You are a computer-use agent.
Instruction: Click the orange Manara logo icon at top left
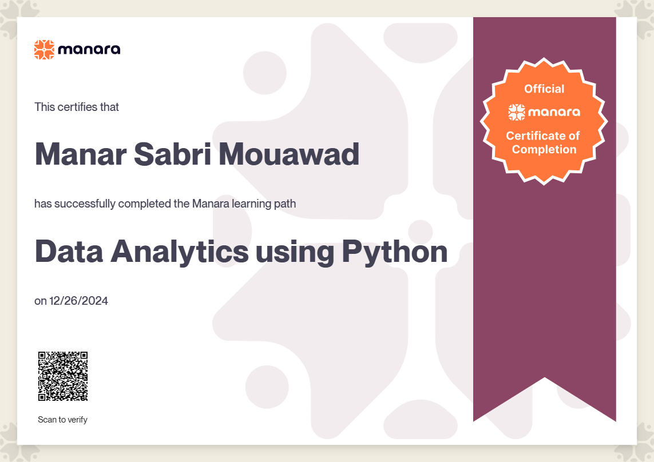pyautogui.click(x=44, y=50)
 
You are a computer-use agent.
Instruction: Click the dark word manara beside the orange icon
pyautogui.click(x=89, y=50)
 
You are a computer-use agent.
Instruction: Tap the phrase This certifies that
pyautogui.click(x=77, y=107)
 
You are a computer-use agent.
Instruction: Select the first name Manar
pyautogui.click(x=81, y=154)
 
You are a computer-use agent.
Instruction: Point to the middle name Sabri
pyautogui.click(x=172, y=154)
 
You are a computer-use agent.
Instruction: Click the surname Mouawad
pyautogui.click(x=289, y=154)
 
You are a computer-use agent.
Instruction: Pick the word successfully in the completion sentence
pyautogui.click(x=85, y=204)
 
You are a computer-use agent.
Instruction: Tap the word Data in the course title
pyautogui.click(x=69, y=252)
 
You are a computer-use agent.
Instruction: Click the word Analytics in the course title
pyautogui.click(x=180, y=252)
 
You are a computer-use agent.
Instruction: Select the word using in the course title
pyautogui.click(x=295, y=253)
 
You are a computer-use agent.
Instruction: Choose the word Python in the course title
pyautogui.click(x=395, y=252)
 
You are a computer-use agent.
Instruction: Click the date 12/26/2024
pyautogui.click(x=79, y=301)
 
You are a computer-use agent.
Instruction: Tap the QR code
pyautogui.click(x=63, y=376)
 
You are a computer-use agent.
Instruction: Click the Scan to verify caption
pyautogui.click(x=62, y=420)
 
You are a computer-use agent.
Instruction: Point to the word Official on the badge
pyautogui.click(x=544, y=89)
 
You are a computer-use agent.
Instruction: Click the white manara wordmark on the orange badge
pyautogui.click(x=554, y=112)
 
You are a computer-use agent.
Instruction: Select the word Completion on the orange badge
pyautogui.click(x=544, y=149)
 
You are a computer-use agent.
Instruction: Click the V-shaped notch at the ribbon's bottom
pyautogui.click(x=544, y=378)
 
